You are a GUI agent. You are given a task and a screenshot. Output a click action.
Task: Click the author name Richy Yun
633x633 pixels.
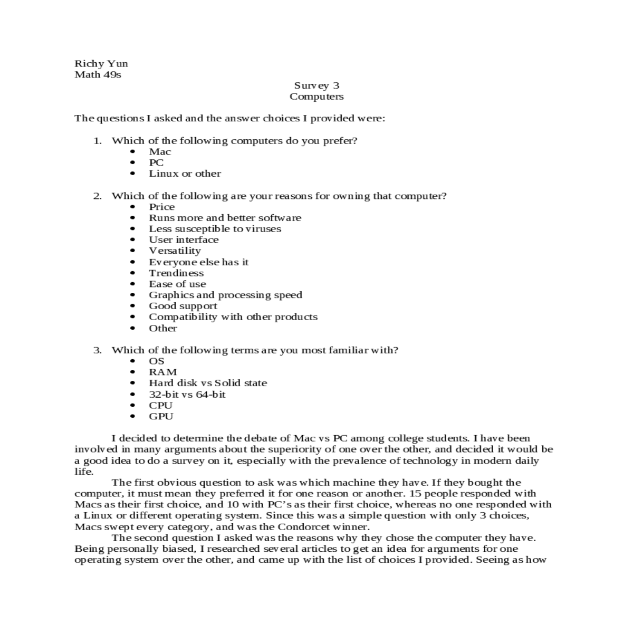[x=101, y=64]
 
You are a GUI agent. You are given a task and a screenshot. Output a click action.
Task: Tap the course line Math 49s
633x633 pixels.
[x=98, y=74]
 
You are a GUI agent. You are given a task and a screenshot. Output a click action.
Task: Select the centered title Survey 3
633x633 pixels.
[x=316, y=85]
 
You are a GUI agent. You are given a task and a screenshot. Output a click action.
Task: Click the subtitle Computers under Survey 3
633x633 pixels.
[x=316, y=97]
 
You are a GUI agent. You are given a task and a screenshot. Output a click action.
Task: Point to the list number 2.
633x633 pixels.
[x=97, y=196]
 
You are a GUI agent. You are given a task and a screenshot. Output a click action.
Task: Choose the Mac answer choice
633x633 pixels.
[x=160, y=152]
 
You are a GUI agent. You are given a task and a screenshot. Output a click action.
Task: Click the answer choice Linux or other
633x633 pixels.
[x=185, y=174]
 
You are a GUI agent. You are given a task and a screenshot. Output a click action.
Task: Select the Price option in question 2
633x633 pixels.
[x=161, y=207]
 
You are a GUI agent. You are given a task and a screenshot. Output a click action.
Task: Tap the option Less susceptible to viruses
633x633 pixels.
[x=215, y=229]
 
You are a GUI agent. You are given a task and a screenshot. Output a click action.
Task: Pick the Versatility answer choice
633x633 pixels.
[x=175, y=251]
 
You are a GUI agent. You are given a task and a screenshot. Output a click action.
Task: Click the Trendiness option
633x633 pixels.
[x=176, y=273]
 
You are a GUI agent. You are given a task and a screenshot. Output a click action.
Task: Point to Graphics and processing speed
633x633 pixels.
[x=225, y=295]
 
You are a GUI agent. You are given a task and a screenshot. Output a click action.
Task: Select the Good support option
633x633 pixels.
[x=183, y=306]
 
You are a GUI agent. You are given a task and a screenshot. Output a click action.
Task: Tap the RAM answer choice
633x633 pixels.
[x=162, y=372]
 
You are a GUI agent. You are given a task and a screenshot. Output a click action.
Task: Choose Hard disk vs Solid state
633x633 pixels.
[x=208, y=383]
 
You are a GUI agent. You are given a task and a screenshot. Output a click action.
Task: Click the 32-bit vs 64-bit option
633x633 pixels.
[x=187, y=394]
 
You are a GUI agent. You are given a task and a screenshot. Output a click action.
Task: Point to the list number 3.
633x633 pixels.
[x=97, y=350]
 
